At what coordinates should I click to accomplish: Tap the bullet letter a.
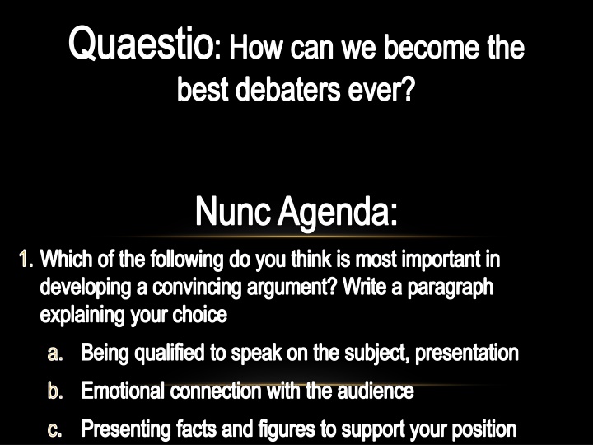(x=55, y=354)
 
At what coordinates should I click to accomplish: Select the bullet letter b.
(x=55, y=391)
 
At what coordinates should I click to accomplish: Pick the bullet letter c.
(x=55, y=429)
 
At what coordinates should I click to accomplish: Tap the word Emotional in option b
(x=124, y=391)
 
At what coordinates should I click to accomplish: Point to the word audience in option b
(x=375, y=391)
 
